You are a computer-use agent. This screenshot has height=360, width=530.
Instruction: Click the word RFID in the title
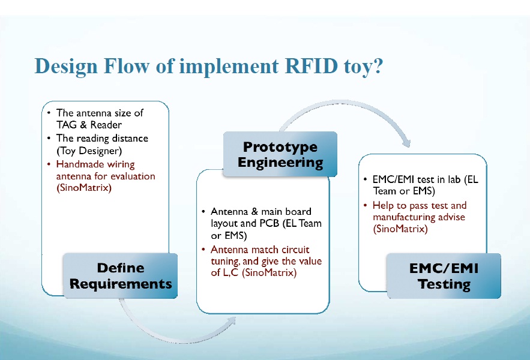click(x=312, y=65)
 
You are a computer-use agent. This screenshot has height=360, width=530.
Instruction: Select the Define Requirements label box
click(x=120, y=276)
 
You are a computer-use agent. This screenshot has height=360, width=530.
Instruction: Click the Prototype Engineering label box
click(x=280, y=154)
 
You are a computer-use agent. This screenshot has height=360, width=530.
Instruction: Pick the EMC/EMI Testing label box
click(x=444, y=276)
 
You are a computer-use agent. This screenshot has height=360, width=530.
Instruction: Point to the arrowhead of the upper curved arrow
click(x=406, y=142)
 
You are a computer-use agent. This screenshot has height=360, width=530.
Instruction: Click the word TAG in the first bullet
click(x=67, y=125)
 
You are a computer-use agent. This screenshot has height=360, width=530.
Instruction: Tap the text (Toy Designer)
click(x=89, y=151)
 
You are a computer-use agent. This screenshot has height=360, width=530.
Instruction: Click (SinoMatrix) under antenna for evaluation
click(x=84, y=188)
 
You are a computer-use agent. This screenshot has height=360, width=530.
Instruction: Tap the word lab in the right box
click(x=454, y=179)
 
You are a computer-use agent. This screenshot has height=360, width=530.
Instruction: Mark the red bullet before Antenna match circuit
click(x=203, y=250)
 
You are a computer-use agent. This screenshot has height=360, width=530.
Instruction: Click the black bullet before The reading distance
click(x=49, y=138)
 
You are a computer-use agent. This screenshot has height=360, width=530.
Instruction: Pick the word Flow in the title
click(x=127, y=65)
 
